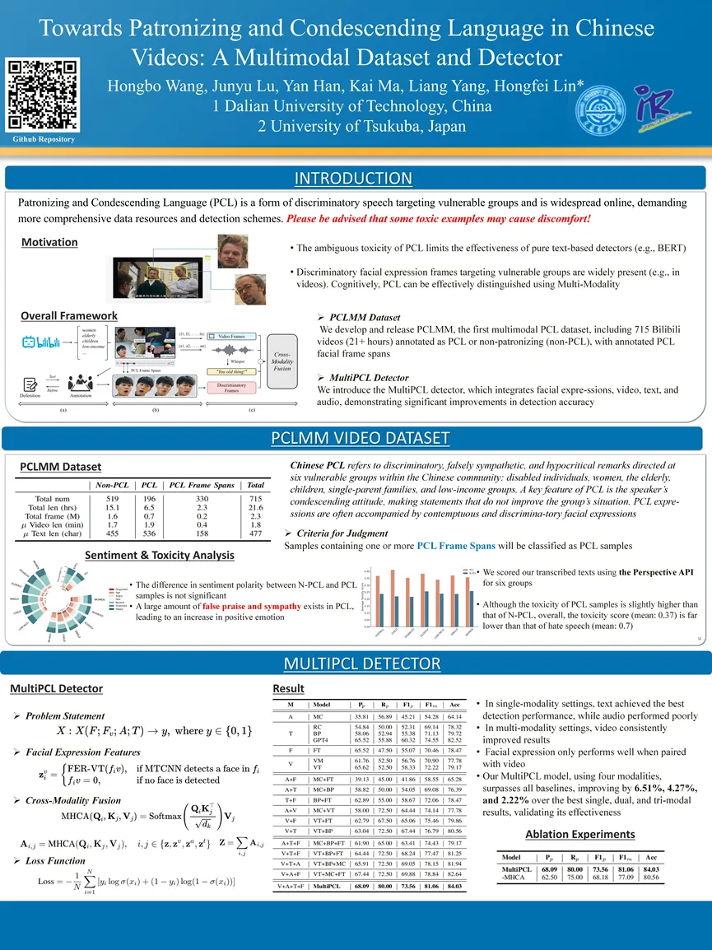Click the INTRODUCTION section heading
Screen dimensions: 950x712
click(353, 179)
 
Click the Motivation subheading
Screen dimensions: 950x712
click(49, 242)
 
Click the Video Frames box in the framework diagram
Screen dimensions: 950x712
click(231, 336)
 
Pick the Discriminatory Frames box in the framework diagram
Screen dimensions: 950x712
click(233, 389)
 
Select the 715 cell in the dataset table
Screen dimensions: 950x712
click(256, 499)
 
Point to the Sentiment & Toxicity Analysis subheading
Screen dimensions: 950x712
click(160, 555)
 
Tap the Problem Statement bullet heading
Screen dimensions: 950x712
click(65, 715)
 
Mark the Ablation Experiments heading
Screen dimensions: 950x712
click(579, 834)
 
